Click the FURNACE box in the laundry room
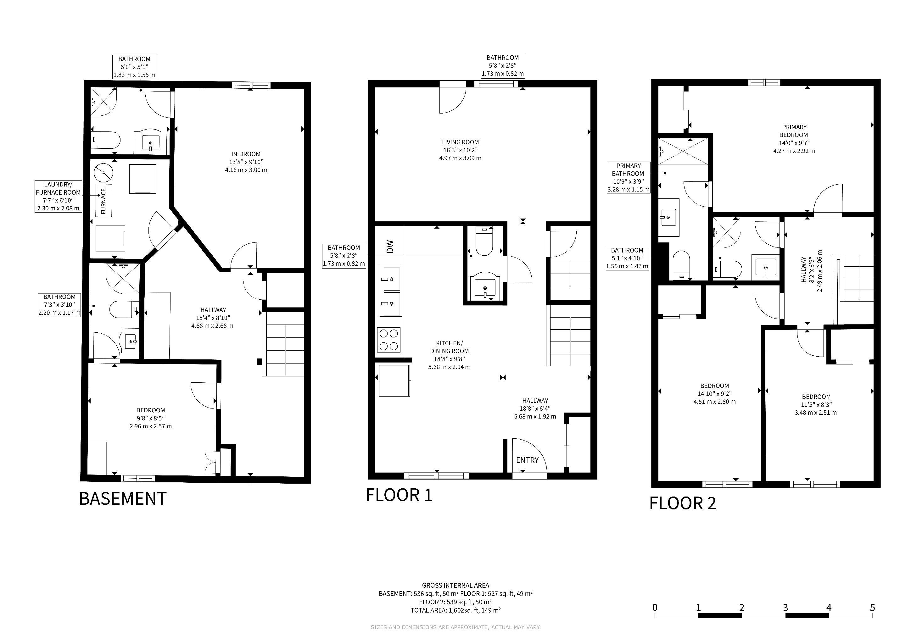click(103, 201)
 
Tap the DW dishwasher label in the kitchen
click(390, 246)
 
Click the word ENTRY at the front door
click(527, 460)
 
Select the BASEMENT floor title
click(123, 498)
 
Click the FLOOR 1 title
click(399, 495)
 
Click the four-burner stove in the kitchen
click(389, 340)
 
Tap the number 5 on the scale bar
click(872, 608)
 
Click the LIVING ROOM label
click(460, 142)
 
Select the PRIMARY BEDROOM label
click(794, 131)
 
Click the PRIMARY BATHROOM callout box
click(629, 177)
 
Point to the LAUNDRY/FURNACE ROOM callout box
click(58, 196)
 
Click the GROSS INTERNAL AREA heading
click(455, 585)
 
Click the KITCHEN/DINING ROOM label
click(449, 347)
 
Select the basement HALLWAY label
click(213, 310)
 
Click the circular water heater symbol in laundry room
click(103, 173)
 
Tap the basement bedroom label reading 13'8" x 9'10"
click(246, 162)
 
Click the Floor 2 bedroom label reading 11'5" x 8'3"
click(816, 404)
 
